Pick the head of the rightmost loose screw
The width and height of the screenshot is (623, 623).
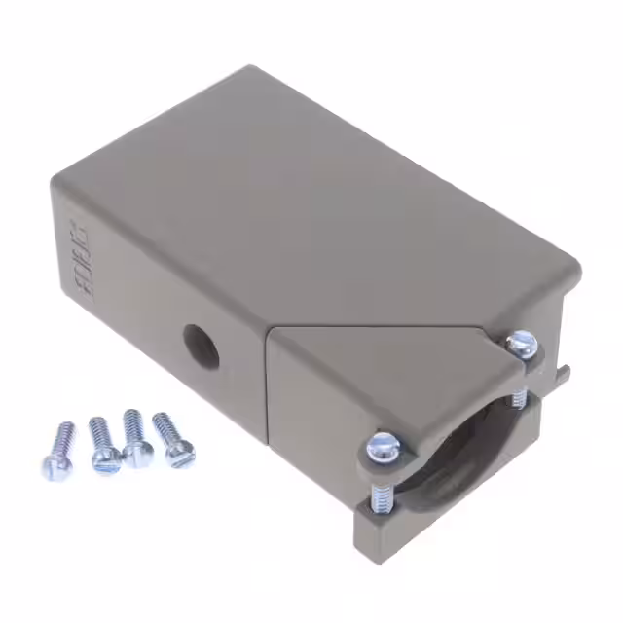click(x=180, y=453)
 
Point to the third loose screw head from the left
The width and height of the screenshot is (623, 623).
click(x=140, y=456)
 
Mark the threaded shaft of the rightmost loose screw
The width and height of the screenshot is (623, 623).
click(x=164, y=426)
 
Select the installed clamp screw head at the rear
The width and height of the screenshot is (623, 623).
click(x=522, y=344)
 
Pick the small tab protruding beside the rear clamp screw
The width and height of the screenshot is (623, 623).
click(x=564, y=372)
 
